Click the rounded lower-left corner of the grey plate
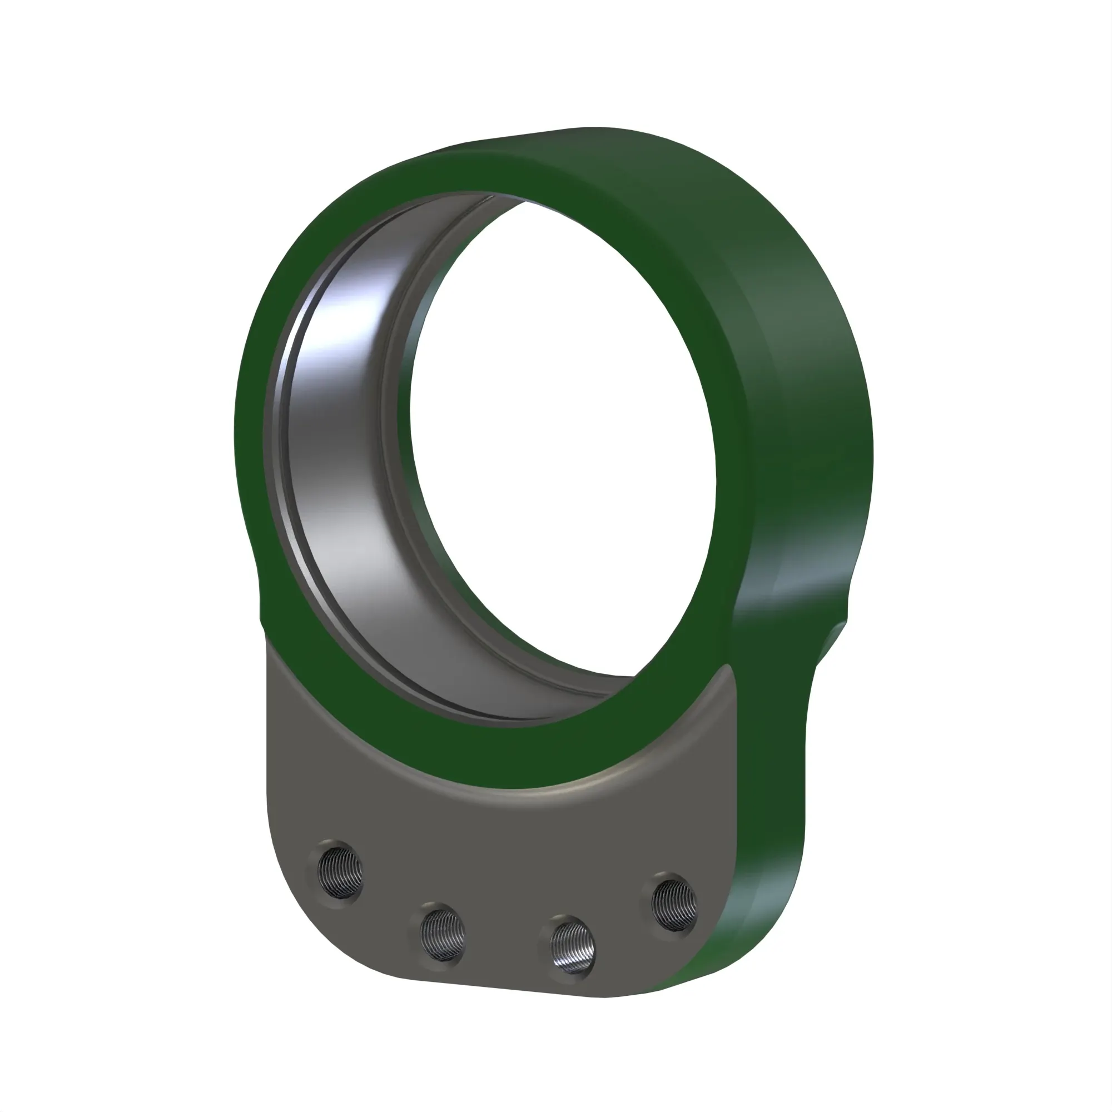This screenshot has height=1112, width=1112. tap(299, 944)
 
